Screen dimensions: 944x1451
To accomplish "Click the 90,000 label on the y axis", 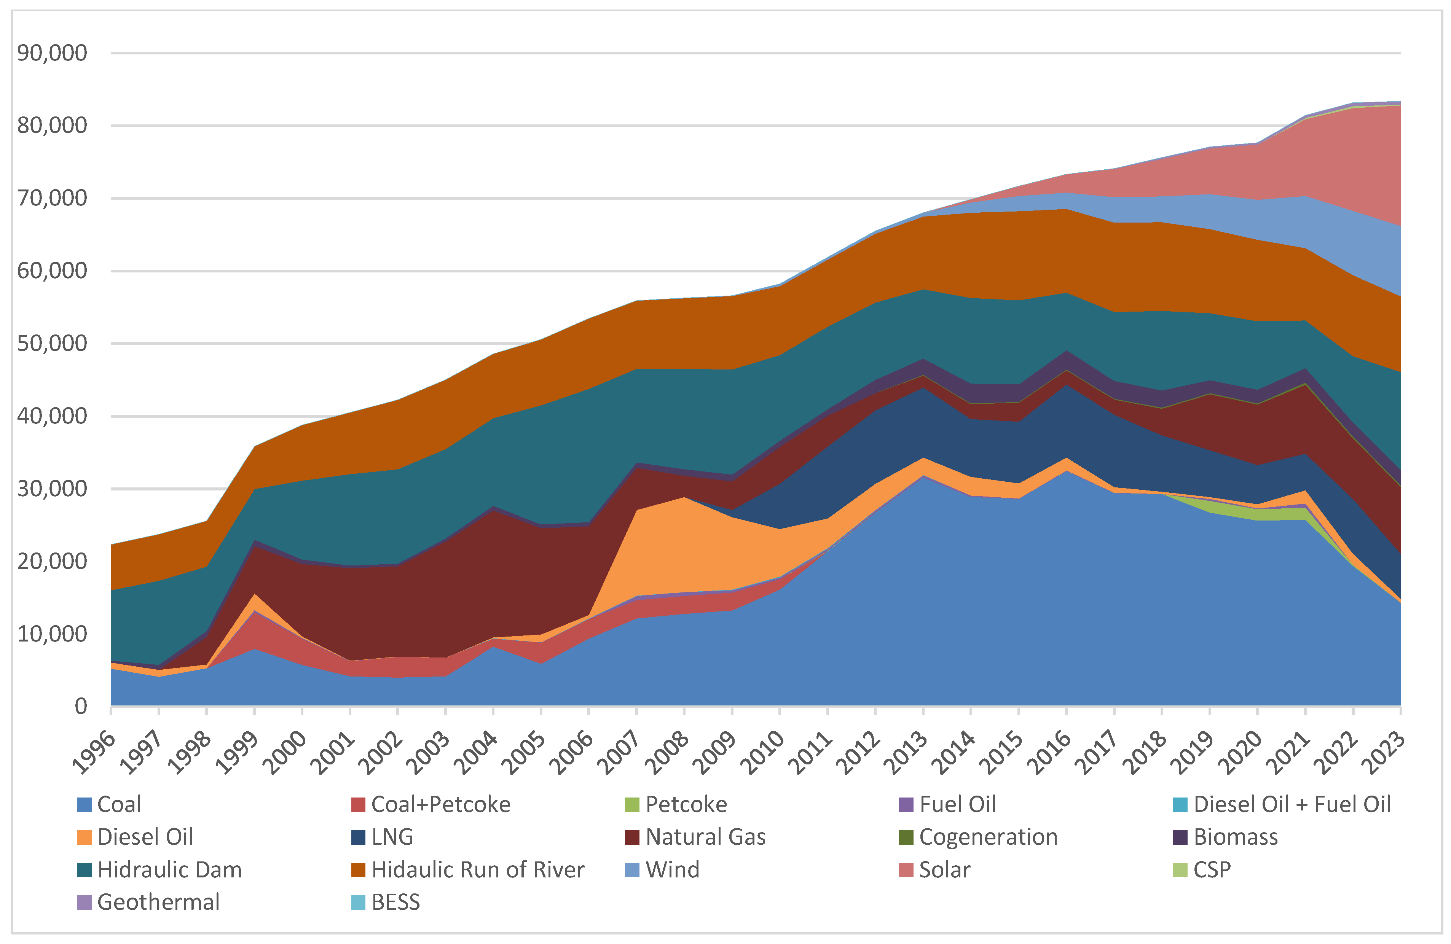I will (x=53, y=53).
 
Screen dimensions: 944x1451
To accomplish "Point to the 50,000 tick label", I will (x=53, y=344).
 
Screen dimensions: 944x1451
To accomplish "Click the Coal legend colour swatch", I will (x=84, y=804).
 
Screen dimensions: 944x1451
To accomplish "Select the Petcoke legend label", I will (x=686, y=804).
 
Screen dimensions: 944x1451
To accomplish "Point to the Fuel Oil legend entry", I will (x=957, y=804).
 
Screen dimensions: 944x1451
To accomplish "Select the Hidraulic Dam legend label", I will (x=169, y=870).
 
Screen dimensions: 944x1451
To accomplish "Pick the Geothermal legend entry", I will (x=158, y=902).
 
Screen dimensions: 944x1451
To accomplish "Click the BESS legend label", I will (x=395, y=902).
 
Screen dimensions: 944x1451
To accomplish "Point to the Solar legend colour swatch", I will (x=906, y=870).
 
